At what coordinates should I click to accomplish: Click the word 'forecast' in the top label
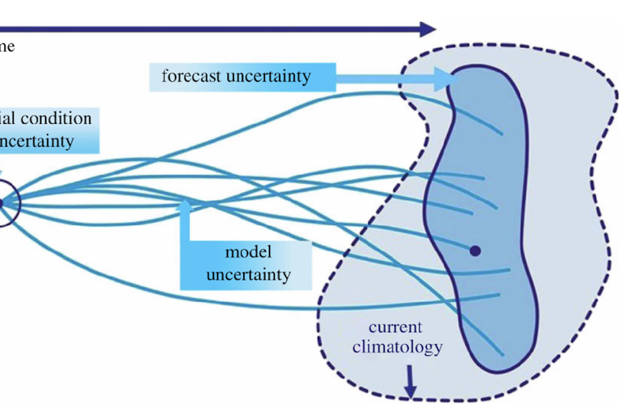coord(192,76)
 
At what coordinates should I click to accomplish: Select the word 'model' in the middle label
coord(249,252)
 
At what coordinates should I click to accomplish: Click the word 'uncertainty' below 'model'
coord(249,275)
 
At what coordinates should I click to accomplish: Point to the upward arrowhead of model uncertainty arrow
coord(185,205)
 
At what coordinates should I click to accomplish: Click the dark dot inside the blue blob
coord(475,251)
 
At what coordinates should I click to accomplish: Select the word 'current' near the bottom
coord(395,327)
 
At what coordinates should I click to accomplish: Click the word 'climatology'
coord(397,347)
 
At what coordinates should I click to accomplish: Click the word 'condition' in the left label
coord(56,118)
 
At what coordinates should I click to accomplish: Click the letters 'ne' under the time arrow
coord(7,47)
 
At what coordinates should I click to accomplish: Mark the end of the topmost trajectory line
coord(503,133)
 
